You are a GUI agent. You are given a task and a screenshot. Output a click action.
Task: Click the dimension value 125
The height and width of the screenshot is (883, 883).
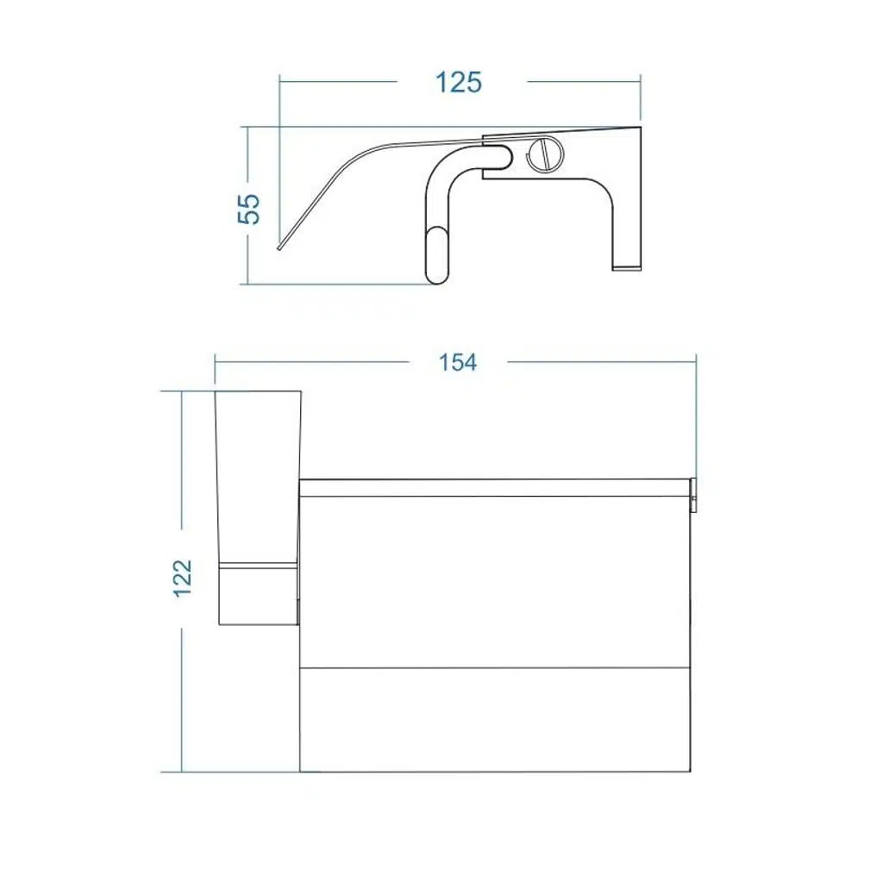click(x=459, y=83)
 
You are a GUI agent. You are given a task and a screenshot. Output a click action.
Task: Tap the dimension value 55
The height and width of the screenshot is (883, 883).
click(x=249, y=209)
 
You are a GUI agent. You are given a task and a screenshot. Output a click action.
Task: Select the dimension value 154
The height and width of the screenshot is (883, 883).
click(x=458, y=362)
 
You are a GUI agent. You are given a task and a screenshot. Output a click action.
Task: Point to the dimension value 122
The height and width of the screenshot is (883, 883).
click(x=183, y=579)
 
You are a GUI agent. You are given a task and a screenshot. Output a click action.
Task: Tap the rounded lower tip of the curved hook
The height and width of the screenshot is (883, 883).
click(x=437, y=255)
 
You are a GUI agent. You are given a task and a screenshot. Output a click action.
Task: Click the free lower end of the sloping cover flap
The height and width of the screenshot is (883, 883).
click(x=280, y=246)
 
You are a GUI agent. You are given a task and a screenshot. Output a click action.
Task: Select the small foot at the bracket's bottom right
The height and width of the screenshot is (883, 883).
click(x=626, y=267)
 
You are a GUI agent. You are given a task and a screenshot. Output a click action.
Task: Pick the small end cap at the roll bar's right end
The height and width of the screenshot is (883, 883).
click(x=693, y=496)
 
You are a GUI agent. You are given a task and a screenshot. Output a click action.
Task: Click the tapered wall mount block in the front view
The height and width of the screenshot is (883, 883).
click(x=259, y=507)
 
